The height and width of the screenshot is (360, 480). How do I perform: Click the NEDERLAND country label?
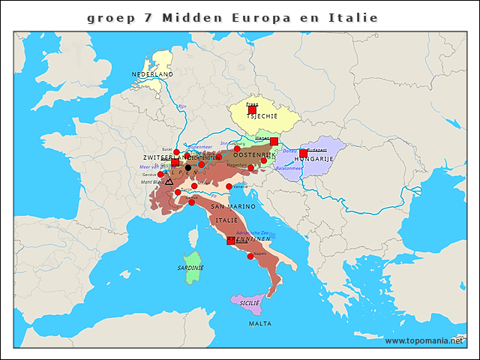coord(152,75)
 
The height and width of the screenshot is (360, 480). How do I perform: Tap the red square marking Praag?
coord(252,109)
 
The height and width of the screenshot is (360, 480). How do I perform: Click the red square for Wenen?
coord(274,141)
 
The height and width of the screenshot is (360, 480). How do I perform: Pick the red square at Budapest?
coord(304,153)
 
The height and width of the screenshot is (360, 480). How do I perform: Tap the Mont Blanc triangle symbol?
coord(169,181)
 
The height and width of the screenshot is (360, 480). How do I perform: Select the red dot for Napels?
coord(250,256)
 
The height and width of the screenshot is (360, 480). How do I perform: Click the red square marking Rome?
coord(231,241)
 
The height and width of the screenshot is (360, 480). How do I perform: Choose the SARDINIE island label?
coord(190,268)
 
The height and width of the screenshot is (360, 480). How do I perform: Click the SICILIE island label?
coord(249,303)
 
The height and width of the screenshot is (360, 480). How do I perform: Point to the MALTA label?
coord(260,324)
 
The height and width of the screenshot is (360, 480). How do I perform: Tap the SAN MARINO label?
coord(232,206)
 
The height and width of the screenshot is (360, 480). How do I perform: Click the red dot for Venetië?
coord(229,186)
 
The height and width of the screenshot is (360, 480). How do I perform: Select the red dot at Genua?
coord(191,202)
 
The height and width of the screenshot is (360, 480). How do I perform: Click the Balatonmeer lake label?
coord(289,169)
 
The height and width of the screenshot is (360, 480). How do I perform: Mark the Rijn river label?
coord(181,107)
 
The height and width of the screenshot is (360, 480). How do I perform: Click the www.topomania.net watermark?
coord(424,341)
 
